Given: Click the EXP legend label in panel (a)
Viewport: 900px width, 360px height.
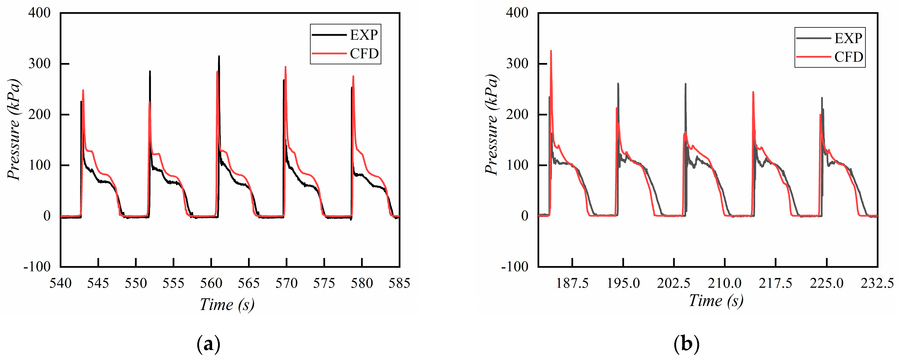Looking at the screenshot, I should (364, 35).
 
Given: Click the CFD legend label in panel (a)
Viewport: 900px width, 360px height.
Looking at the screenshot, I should (364, 54).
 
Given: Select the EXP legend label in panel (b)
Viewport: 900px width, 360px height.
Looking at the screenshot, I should (848, 38).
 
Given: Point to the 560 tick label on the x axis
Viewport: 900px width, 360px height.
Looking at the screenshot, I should (211, 283).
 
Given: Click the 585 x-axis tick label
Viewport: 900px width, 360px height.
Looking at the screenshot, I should (399, 283).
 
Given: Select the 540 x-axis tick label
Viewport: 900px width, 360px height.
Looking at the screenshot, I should (60, 283).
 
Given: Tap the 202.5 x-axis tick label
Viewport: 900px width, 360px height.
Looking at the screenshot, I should (674, 283).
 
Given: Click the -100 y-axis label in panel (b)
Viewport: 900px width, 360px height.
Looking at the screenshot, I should (515, 267).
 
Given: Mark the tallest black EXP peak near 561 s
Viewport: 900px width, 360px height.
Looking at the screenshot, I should (219, 56).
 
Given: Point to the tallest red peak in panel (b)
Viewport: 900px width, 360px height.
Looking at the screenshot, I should (551, 51).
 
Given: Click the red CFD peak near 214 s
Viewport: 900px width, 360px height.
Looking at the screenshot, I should (753, 92).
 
